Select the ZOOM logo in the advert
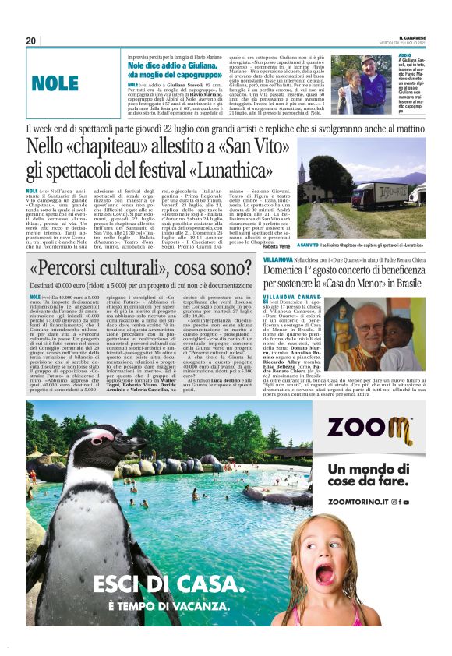[x=369, y=429]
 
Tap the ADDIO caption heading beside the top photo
[x=405, y=56]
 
